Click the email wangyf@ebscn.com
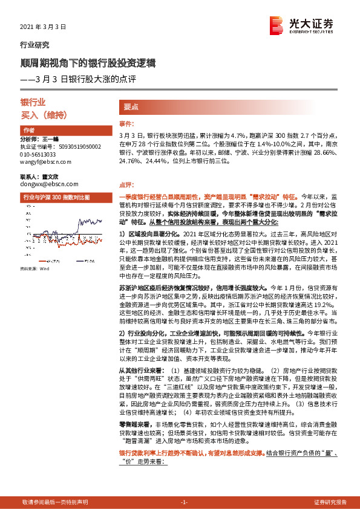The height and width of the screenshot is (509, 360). tap(46, 161)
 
